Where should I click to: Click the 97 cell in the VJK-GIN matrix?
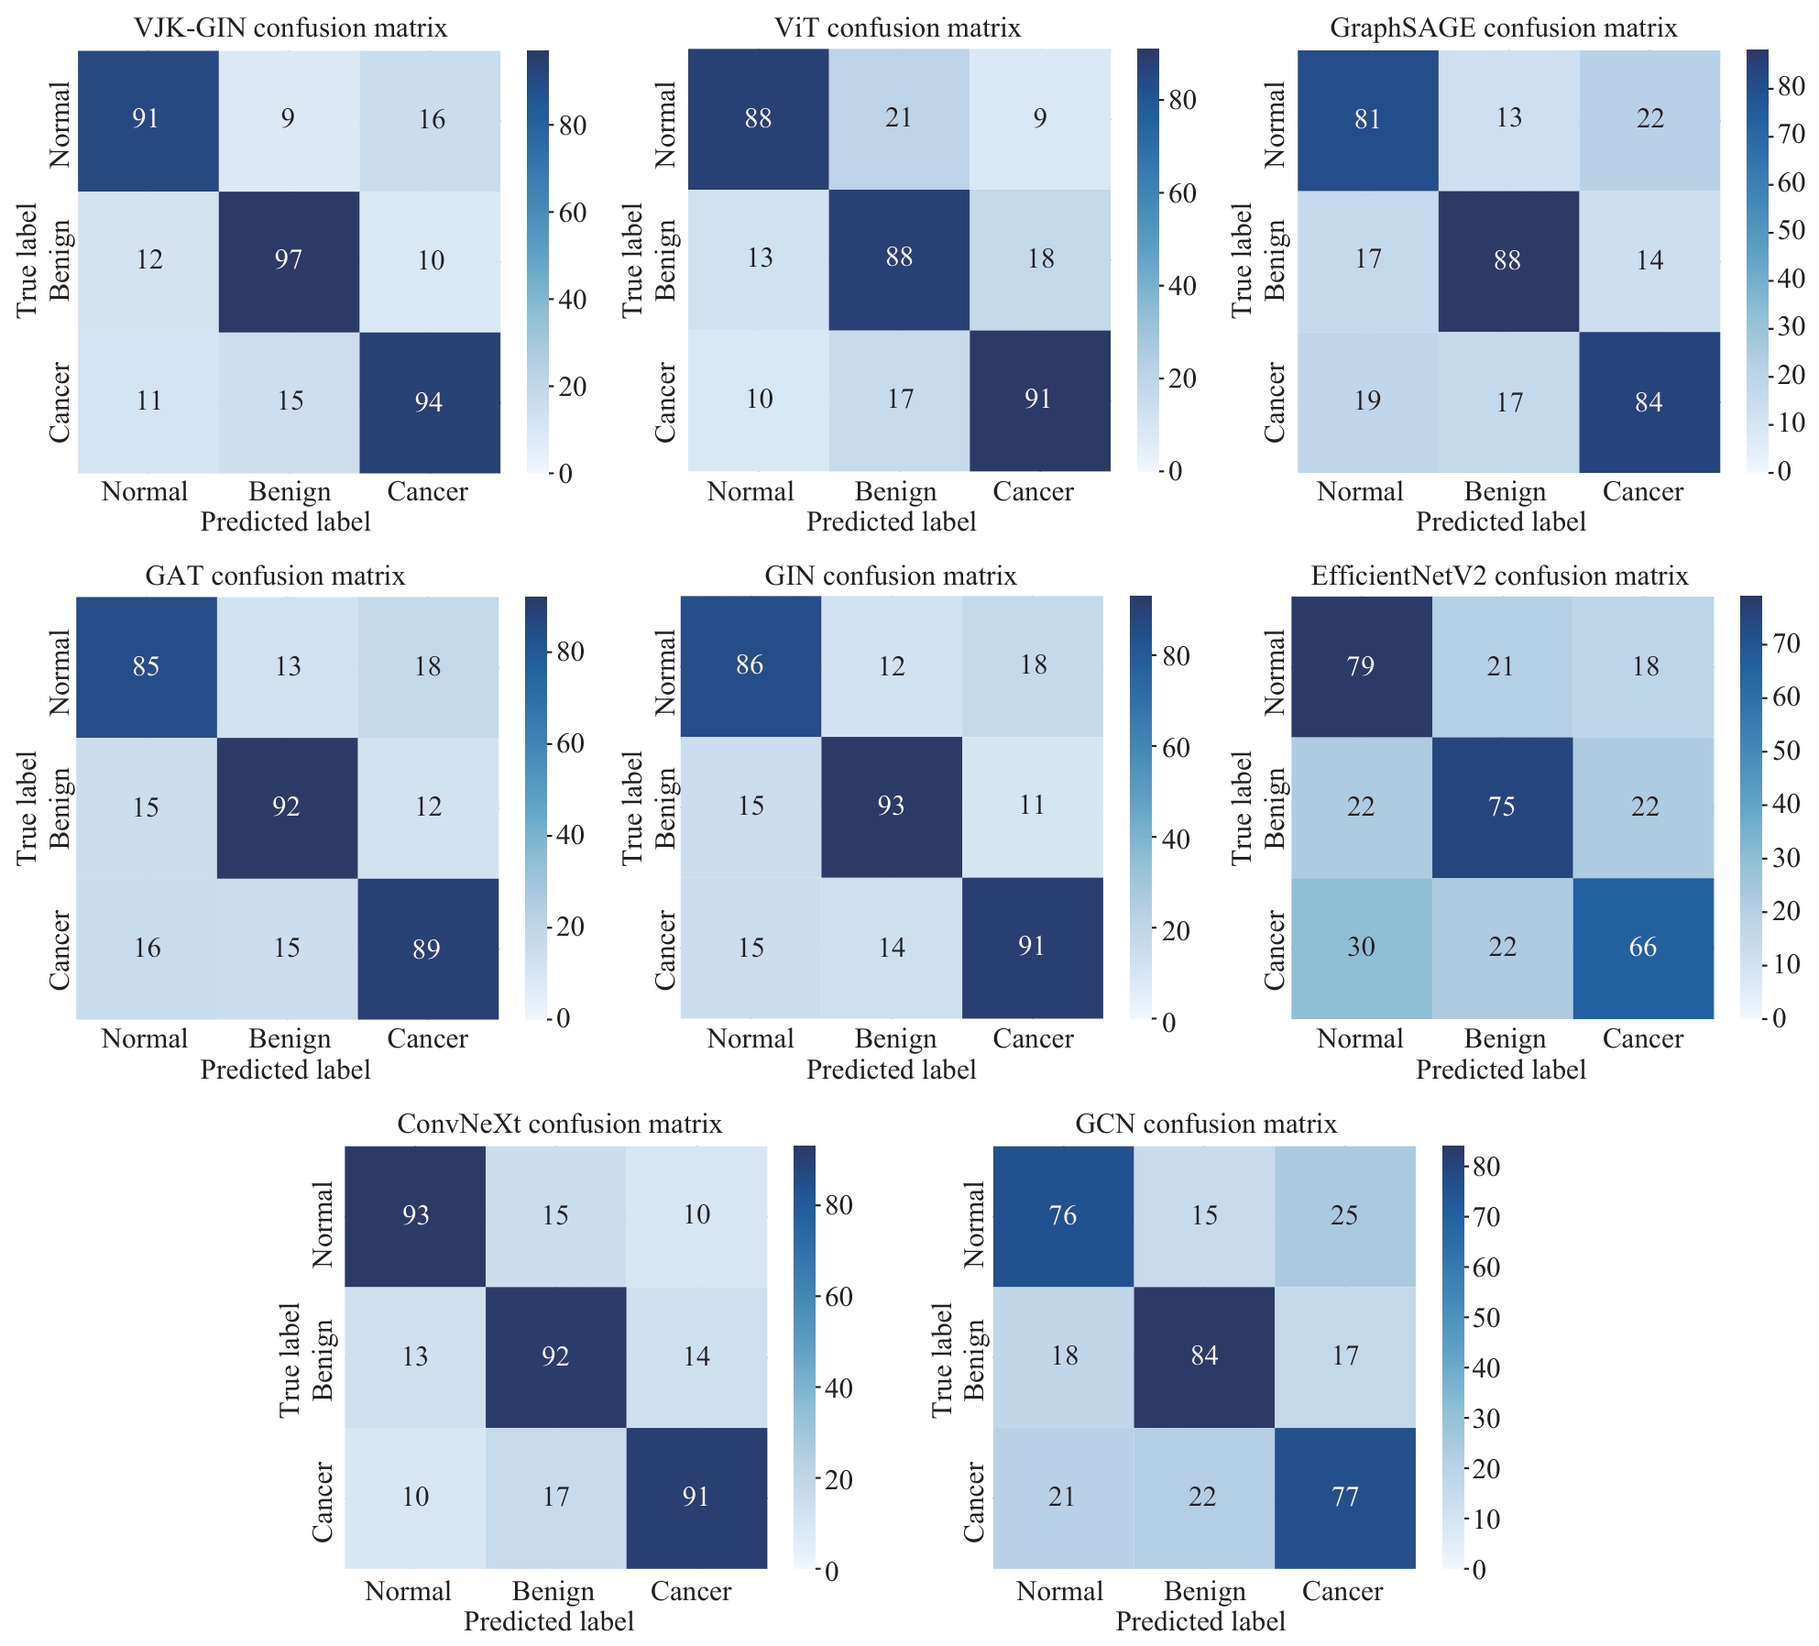(289, 260)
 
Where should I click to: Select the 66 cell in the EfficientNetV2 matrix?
(1643, 947)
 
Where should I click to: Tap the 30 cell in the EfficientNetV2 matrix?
(1361, 947)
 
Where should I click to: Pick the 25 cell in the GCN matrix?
(1344, 1215)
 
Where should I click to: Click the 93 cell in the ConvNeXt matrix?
(415, 1215)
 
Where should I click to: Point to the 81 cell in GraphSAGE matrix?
(1367, 119)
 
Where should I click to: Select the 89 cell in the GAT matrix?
(427, 949)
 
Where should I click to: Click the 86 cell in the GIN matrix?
(750, 665)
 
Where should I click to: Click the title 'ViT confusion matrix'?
(897, 28)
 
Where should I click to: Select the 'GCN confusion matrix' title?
(1206, 1124)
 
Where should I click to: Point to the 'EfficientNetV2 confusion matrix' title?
(1499, 576)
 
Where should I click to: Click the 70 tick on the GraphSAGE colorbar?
(1790, 135)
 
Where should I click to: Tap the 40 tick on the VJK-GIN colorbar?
(573, 300)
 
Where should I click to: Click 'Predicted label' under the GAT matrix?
(285, 1070)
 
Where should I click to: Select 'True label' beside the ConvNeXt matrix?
(290, 1360)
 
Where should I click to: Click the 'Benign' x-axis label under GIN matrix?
(895, 1039)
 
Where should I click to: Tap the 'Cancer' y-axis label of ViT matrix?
(666, 401)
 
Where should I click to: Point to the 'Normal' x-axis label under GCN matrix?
(1059, 1591)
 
